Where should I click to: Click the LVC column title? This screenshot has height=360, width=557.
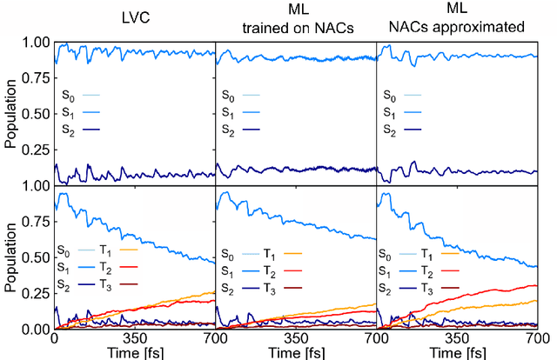coord(133,14)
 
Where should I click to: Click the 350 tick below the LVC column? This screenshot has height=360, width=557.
coord(134,339)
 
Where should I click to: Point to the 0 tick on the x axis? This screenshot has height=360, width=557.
coord(54,339)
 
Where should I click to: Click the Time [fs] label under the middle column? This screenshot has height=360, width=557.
coord(295,351)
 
